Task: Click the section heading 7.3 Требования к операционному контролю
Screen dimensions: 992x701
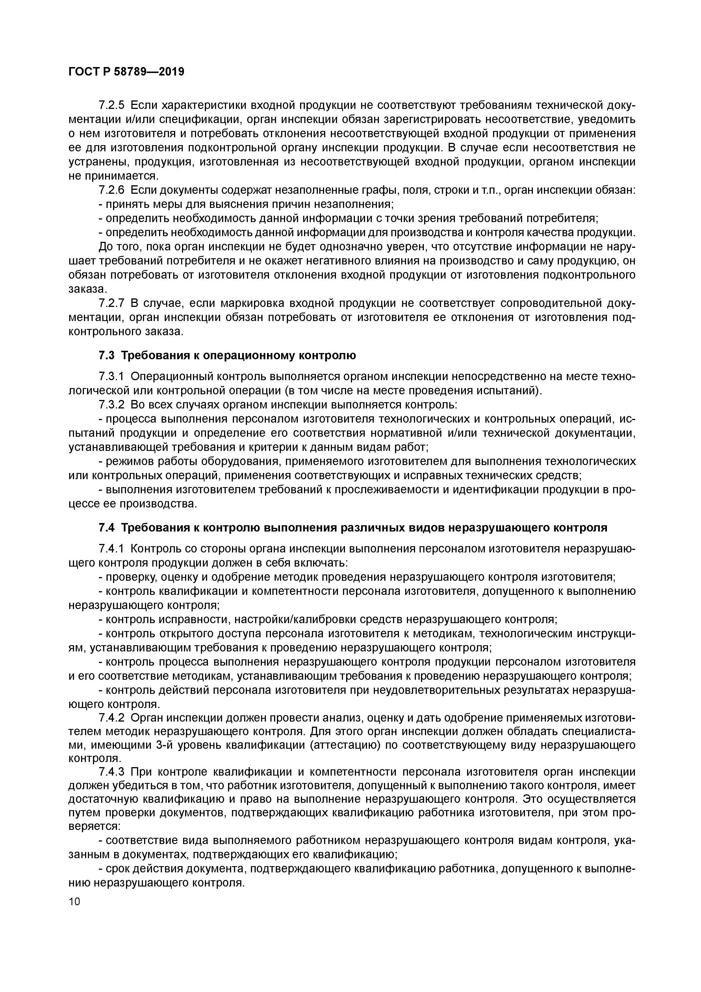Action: [x=227, y=355]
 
